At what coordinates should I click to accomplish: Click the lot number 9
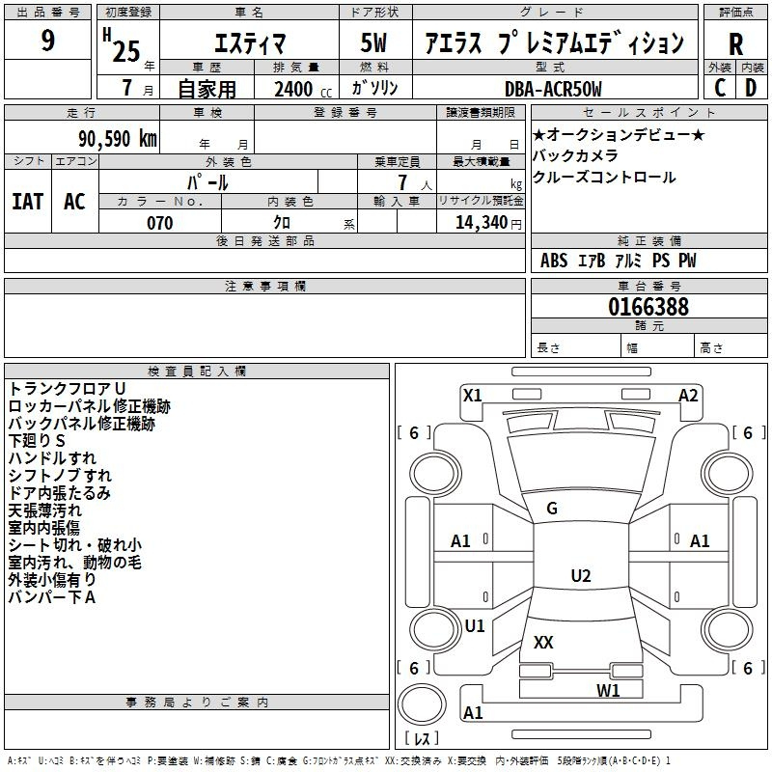(48, 41)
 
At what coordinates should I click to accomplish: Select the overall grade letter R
(736, 44)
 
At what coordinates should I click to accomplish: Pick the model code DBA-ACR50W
(553, 89)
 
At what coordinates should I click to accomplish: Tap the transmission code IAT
(27, 202)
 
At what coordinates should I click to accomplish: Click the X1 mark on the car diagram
(473, 395)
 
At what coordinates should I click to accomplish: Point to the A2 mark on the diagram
(688, 395)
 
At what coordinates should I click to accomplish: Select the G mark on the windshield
(552, 509)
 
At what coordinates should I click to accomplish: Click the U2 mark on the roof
(580, 576)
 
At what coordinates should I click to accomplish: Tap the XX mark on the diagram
(543, 642)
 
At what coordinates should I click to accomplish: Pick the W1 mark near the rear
(608, 690)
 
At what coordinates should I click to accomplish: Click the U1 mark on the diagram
(475, 625)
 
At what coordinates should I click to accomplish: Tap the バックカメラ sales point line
(575, 155)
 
